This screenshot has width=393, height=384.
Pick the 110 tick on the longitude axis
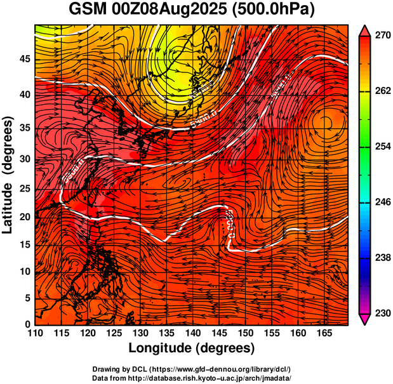35,333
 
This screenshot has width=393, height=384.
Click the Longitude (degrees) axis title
192,348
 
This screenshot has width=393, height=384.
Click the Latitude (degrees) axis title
8,175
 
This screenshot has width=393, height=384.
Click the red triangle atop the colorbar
365,30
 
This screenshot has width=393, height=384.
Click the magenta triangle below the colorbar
365,320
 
